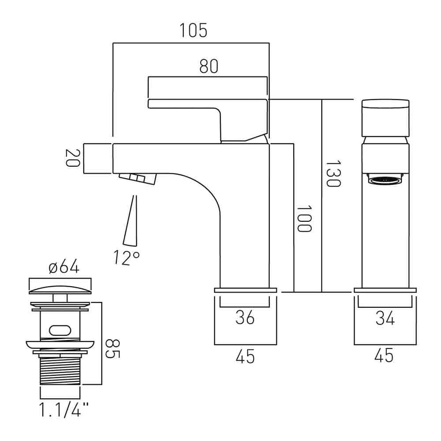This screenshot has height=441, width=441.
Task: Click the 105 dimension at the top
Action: (193, 31)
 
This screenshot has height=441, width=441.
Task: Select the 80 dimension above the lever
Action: (209, 67)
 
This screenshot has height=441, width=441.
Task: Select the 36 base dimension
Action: (245, 318)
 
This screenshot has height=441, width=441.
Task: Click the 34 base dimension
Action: (385, 318)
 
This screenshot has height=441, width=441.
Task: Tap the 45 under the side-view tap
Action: (245, 355)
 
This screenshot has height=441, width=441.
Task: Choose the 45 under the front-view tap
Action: (385, 355)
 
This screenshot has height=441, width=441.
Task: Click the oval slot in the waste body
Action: (60, 329)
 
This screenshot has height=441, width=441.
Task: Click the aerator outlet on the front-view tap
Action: (385, 179)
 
